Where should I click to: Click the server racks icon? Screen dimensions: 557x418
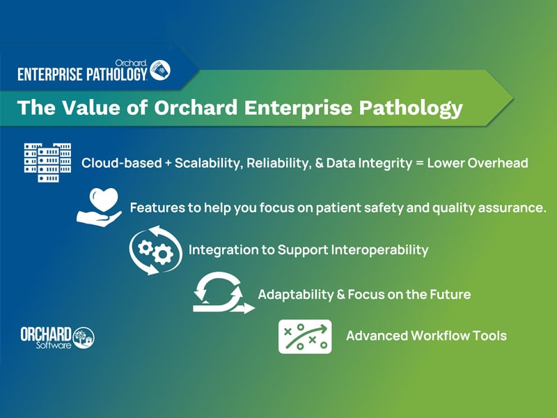coord(47,162)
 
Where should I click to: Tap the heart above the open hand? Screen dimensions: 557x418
coord(103,200)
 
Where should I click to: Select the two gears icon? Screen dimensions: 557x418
coord(155,250)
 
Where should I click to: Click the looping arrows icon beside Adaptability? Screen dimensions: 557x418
coord(223,293)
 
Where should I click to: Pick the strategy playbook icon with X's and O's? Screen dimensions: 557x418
coord(305,336)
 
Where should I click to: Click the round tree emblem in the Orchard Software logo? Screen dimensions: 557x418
coord(84,337)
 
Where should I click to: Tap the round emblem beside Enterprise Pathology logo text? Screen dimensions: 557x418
coord(160,70)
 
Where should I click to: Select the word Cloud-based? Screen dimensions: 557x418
coord(121,163)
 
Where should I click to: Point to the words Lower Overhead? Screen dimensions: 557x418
coord(478,163)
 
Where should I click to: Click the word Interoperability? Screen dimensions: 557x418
coord(379,250)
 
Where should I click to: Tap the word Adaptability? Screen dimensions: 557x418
coord(295,295)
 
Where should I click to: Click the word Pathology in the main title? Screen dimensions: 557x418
coord(411,108)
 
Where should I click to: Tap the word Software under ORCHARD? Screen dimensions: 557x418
coord(54,345)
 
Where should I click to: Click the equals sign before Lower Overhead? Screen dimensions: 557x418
coord(420,164)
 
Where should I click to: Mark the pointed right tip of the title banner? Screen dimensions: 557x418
coord(514,98)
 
